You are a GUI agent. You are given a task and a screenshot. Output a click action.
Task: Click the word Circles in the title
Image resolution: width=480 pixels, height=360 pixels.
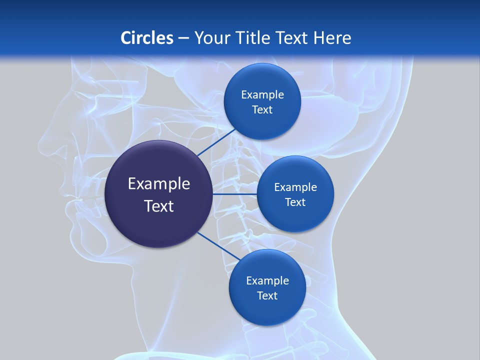(x=146, y=38)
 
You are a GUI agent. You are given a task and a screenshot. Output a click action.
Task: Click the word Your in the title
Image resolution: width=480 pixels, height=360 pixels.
(x=210, y=38)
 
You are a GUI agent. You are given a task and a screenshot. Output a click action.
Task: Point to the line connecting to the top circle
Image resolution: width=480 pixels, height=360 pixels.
(x=216, y=142)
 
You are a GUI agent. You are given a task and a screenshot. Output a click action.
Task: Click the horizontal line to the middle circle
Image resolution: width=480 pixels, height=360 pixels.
(x=234, y=194)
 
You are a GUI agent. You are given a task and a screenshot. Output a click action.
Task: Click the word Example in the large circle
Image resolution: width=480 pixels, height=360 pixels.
(x=159, y=184)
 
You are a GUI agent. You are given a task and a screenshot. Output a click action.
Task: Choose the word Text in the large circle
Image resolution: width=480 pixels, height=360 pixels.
(x=159, y=206)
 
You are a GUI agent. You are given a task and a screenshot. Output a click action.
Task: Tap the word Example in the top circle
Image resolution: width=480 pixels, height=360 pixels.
(x=262, y=95)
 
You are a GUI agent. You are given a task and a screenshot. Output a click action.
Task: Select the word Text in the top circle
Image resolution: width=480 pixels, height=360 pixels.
(x=262, y=110)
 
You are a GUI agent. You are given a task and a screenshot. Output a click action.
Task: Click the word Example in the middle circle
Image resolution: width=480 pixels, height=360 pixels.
(x=295, y=187)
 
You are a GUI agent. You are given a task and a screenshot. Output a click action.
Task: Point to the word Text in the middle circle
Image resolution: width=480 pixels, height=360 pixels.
(x=295, y=202)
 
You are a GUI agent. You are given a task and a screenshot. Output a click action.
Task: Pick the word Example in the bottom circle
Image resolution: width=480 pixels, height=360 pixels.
(x=267, y=281)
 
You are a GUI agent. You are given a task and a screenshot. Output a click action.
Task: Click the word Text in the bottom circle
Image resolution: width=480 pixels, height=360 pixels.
(x=267, y=295)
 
